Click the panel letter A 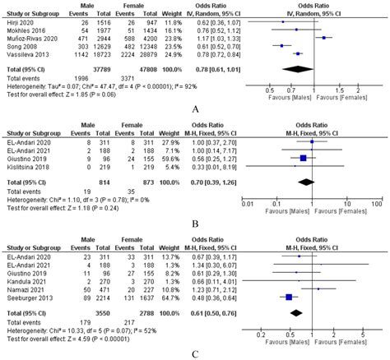pyautogui.click(x=194, y=108)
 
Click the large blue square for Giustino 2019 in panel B pyautogui.click(x=303, y=158)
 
